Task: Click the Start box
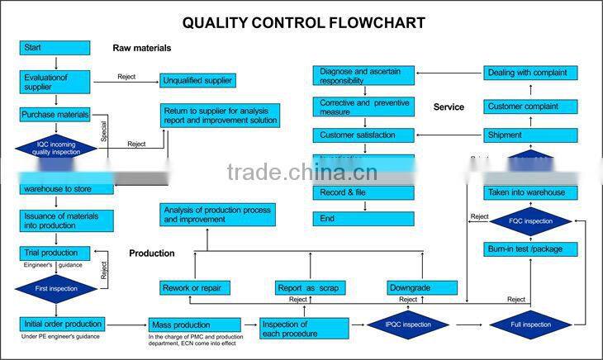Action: [55, 48]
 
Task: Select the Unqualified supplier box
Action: [197, 81]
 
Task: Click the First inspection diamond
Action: [55, 289]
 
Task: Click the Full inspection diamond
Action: [530, 324]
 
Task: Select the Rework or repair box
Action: [195, 287]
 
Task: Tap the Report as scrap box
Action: [311, 287]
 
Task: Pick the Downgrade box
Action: [422, 287]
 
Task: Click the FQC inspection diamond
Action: [530, 221]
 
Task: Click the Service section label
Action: [449, 107]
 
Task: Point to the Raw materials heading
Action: [142, 48]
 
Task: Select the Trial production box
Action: [55, 253]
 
